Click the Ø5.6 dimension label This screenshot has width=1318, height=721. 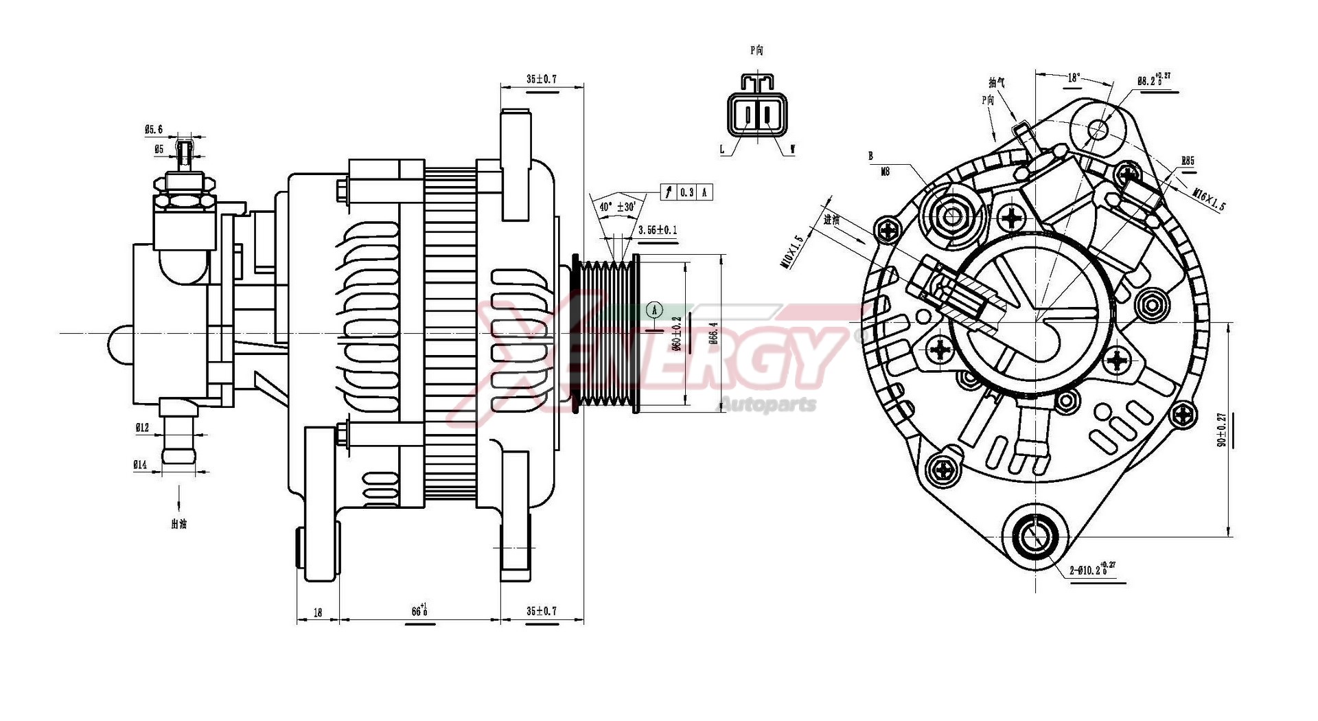click(154, 129)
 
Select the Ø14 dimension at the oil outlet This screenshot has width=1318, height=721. click(140, 465)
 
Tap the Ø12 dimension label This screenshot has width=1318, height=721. click(142, 428)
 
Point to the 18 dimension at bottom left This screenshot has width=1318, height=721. click(317, 613)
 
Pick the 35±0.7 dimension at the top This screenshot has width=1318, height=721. click(542, 79)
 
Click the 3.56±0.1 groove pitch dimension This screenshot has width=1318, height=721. click(658, 230)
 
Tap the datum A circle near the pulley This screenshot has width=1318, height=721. click(655, 310)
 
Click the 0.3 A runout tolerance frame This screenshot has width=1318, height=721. click(686, 192)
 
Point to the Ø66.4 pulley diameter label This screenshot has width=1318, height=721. click(714, 333)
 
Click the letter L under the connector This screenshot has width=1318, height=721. click(721, 149)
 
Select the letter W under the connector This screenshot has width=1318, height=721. click(793, 149)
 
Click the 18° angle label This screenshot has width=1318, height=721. click(1073, 78)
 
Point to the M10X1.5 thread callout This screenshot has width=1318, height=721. click(797, 252)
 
